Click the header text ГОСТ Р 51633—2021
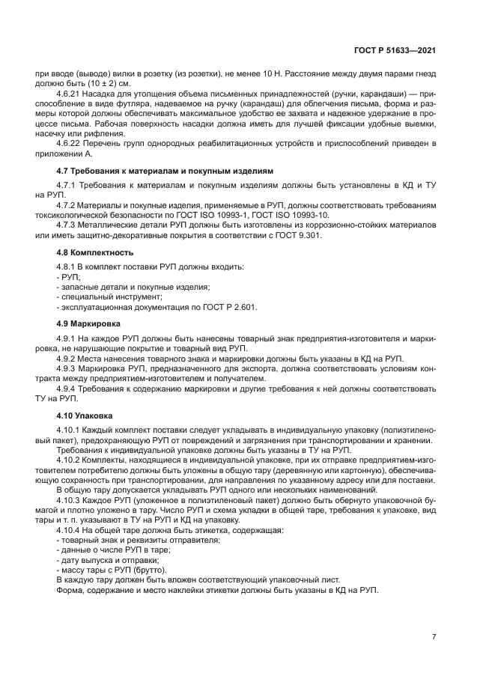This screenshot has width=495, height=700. click(x=395, y=50)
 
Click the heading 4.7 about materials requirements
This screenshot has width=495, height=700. click(x=160, y=171)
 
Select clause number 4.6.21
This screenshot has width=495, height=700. click(x=70, y=94)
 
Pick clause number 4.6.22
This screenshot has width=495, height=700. click(x=70, y=143)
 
